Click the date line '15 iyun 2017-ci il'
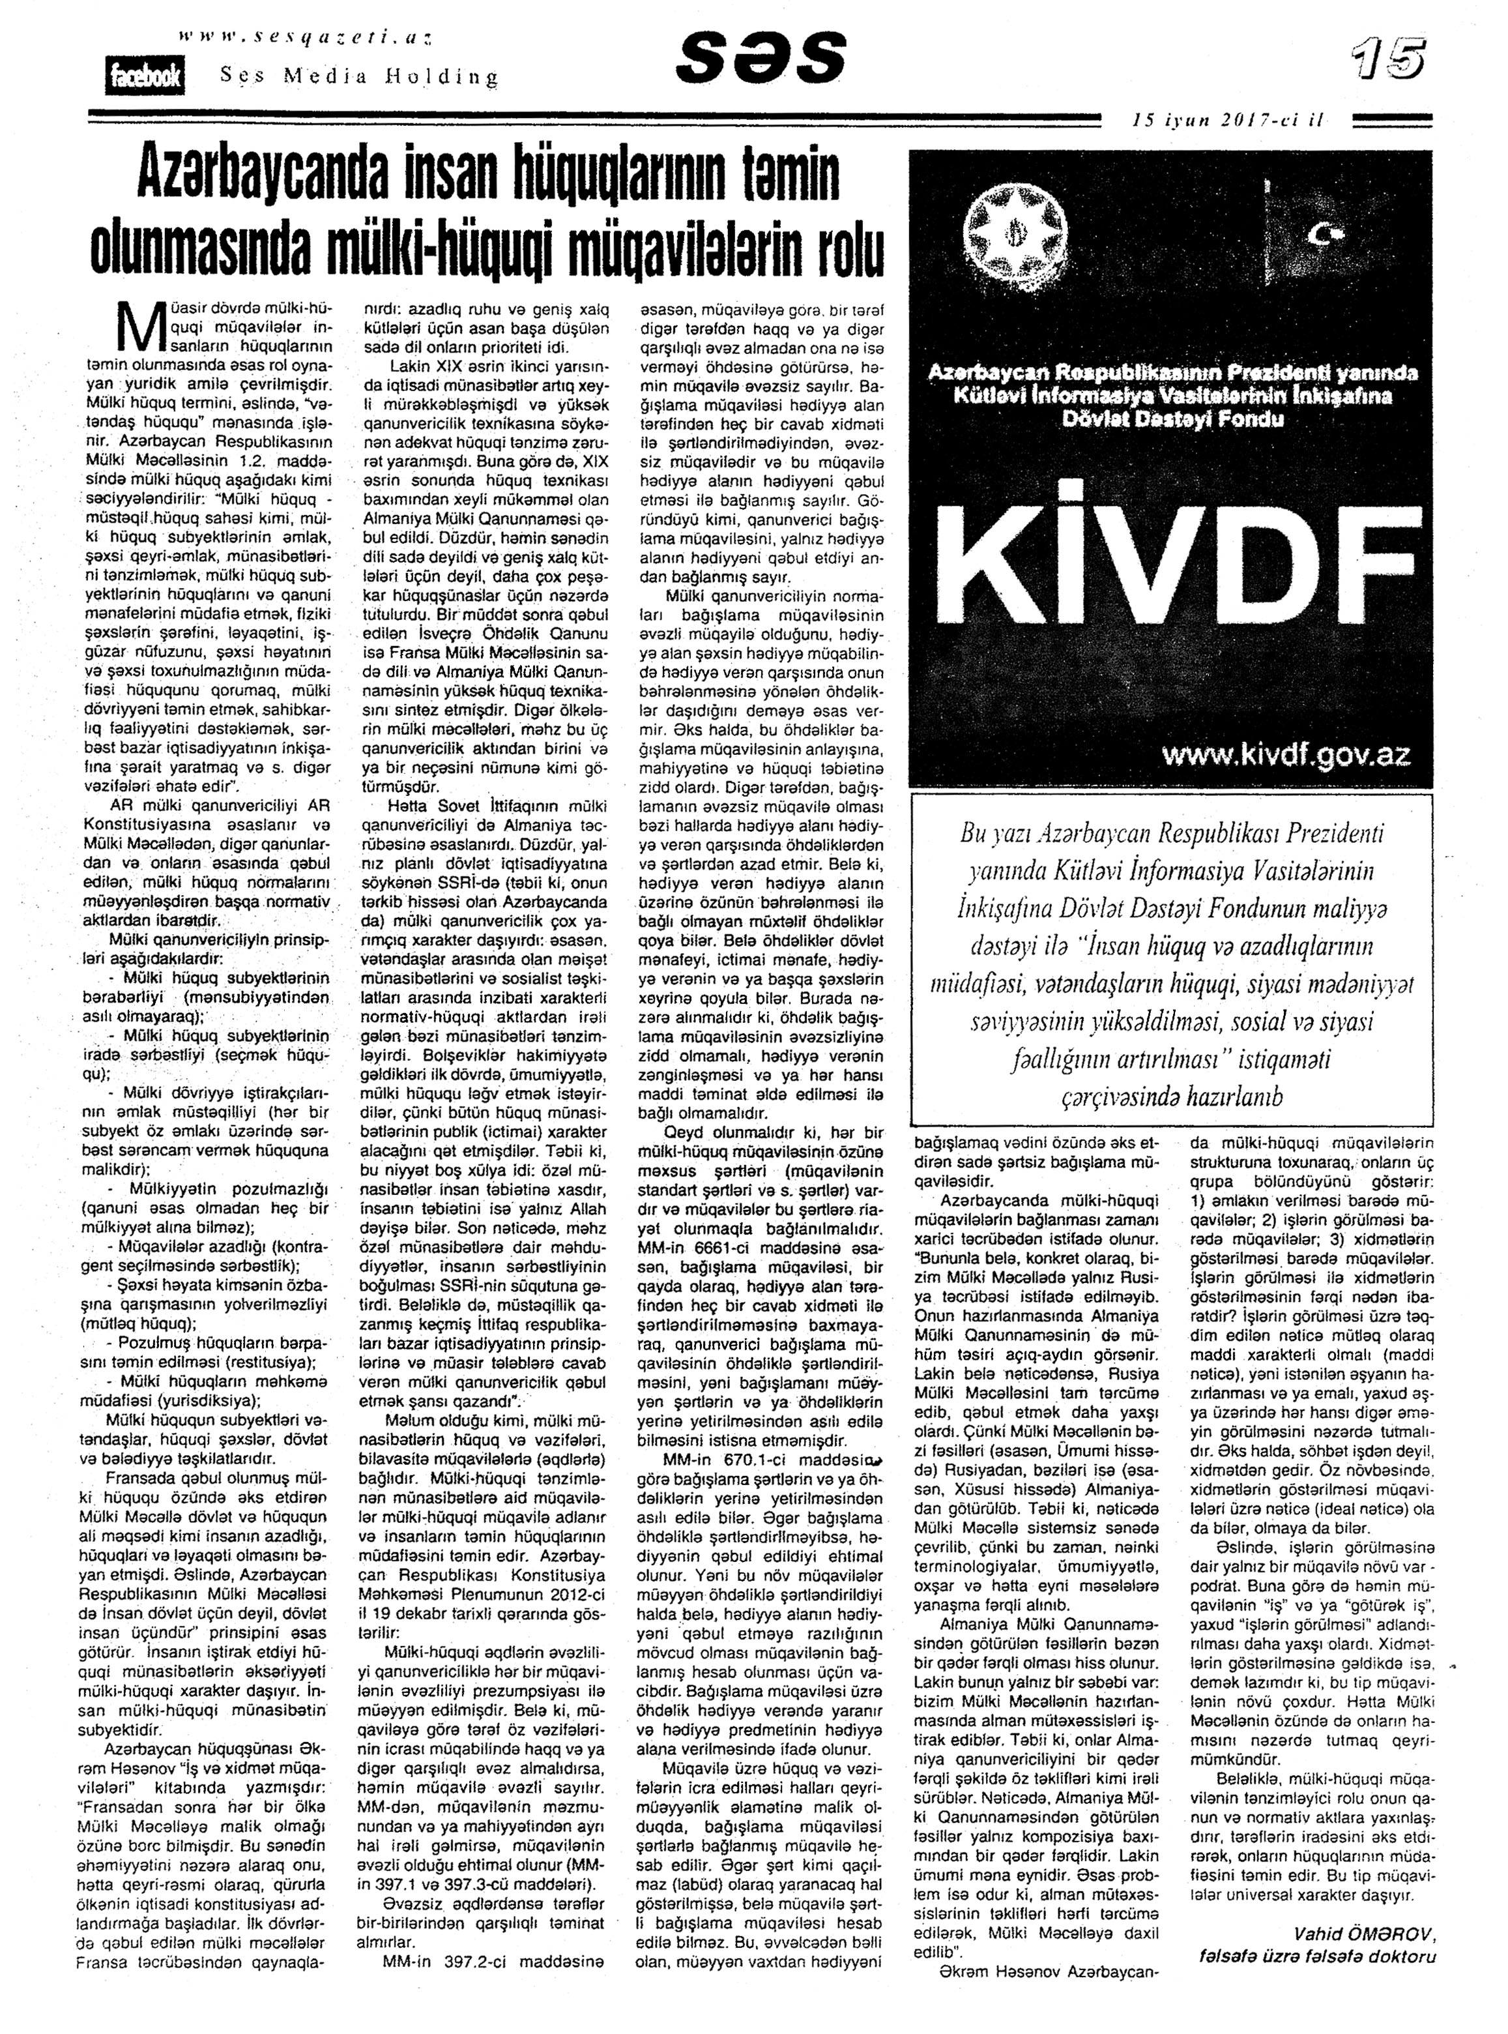point(1227,119)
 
